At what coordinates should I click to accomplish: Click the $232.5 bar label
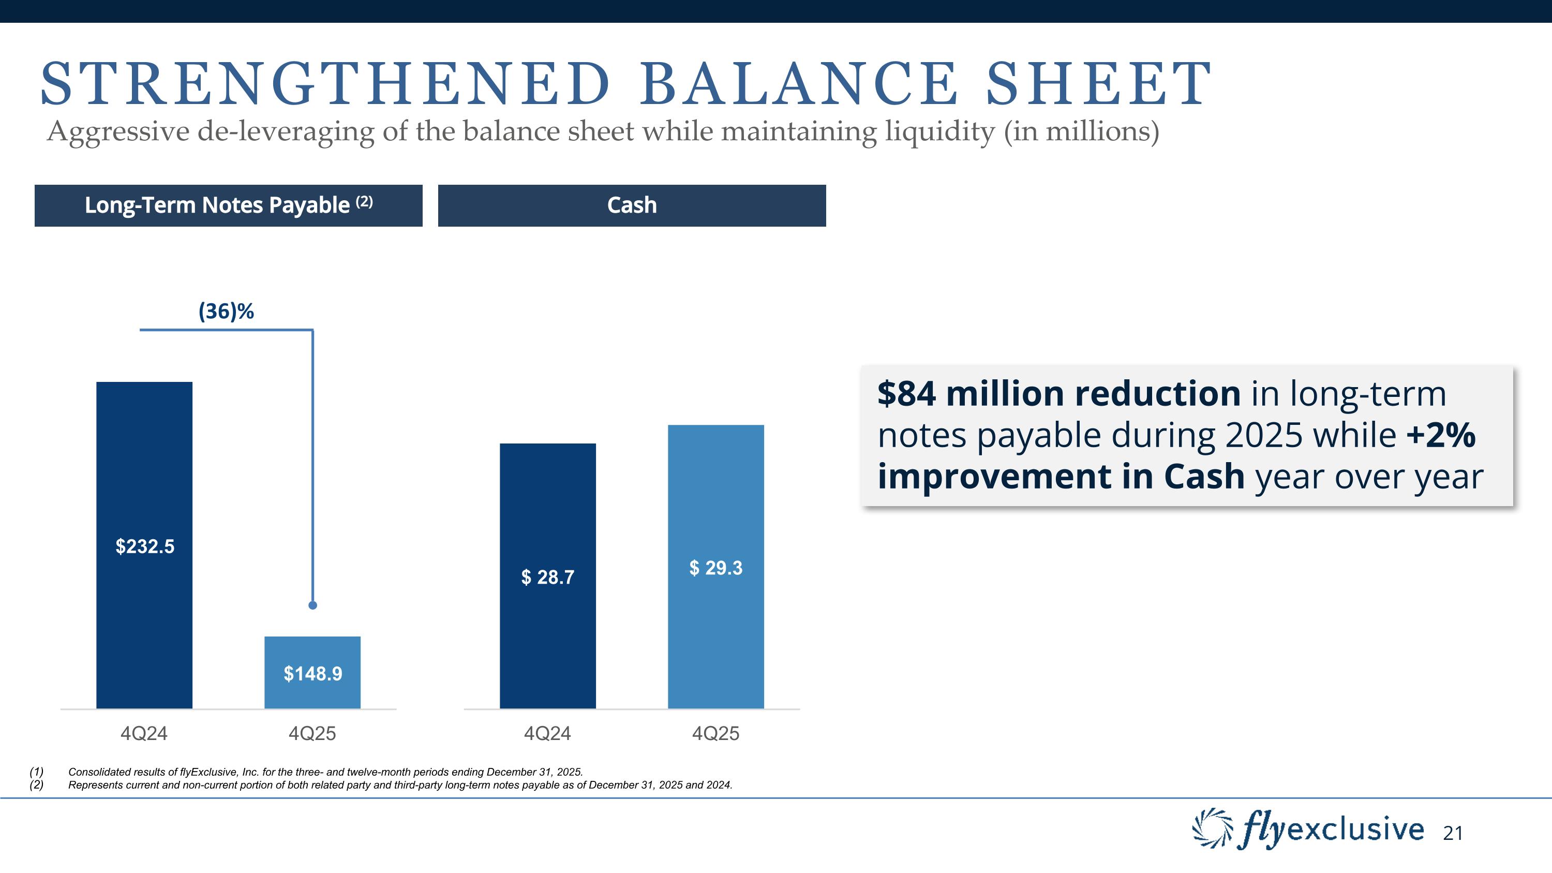tap(145, 546)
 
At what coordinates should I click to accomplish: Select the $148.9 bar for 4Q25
tap(312, 672)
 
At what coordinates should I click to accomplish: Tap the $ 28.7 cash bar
tap(548, 576)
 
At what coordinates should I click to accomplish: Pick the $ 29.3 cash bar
tap(716, 567)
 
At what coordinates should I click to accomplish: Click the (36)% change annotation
tap(226, 312)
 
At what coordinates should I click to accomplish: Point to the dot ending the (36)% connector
tap(312, 605)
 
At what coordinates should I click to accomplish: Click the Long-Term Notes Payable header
tap(228, 205)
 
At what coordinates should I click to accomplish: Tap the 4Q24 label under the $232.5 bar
tap(144, 733)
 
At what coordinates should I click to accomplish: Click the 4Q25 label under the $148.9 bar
tap(312, 733)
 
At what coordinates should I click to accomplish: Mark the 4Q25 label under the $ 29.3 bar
tap(716, 733)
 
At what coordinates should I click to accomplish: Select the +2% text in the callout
tap(1441, 435)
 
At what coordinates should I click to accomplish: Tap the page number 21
tap(1453, 833)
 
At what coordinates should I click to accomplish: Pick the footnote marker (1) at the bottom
tap(37, 772)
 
